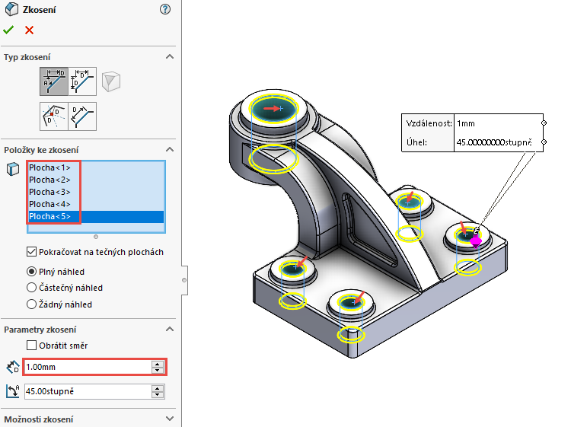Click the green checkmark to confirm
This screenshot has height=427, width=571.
8,30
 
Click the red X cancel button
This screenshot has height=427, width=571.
29,30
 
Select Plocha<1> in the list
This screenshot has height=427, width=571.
49,167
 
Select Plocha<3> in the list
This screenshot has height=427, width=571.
49,192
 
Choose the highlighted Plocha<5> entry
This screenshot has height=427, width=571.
49,216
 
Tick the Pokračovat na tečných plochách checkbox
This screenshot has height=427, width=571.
31,252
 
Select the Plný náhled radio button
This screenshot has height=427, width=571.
31,271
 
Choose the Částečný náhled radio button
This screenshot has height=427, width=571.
31,288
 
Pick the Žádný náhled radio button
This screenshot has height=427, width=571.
31,304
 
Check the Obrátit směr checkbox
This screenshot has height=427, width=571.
31,346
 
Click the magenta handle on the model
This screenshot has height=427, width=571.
476,241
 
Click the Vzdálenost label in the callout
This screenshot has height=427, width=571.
428,123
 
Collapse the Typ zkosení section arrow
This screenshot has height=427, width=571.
170,57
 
